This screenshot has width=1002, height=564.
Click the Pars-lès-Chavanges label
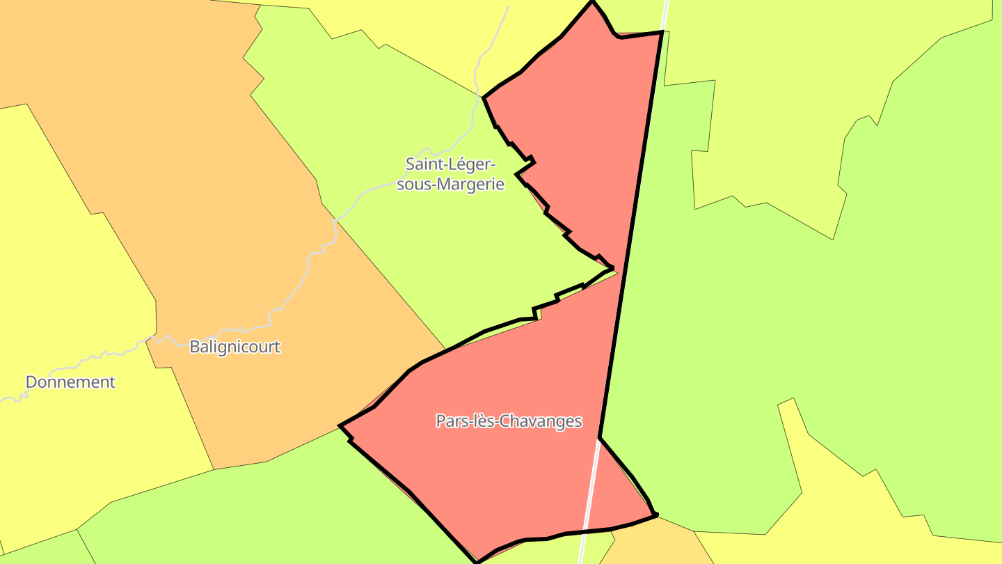(509, 421)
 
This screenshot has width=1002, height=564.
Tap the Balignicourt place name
(235, 347)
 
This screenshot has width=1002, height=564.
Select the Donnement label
(70, 382)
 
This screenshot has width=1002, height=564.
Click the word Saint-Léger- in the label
(451, 165)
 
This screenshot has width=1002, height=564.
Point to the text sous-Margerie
(451, 185)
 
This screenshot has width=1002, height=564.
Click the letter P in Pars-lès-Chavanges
(441, 421)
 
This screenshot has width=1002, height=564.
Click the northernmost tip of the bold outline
(593, 2)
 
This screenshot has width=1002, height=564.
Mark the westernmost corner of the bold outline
(340, 425)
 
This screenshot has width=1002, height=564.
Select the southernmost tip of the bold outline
(477, 561)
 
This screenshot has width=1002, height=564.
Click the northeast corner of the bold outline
(661, 32)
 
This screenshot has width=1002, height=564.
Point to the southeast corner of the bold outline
(656, 515)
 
